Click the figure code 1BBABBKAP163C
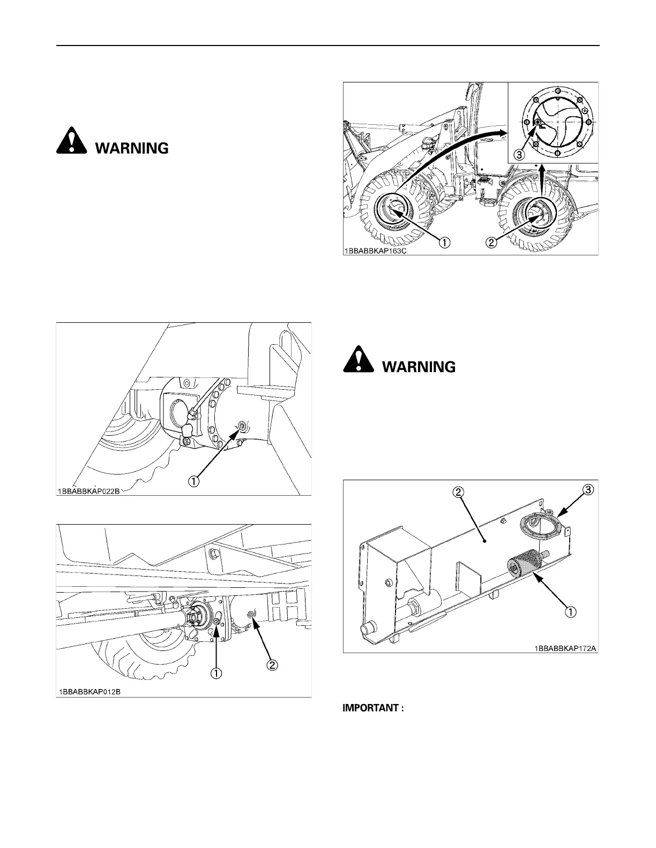point(376,250)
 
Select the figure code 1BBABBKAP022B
point(90,491)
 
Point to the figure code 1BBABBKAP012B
point(90,692)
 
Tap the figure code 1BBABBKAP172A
point(564,648)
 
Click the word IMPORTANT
point(372,708)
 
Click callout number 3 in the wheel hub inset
point(519,154)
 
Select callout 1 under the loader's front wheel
point(444,242)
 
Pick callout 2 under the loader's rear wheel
point(492,242)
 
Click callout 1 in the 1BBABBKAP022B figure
point(193,481)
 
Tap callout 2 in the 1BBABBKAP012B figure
point(272,665)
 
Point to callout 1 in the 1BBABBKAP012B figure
point(216,673)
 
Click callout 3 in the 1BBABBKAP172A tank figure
point(588,489)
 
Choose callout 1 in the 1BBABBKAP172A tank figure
point(572,611)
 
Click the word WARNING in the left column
point(132,148)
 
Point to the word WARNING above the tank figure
point(418,367)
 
